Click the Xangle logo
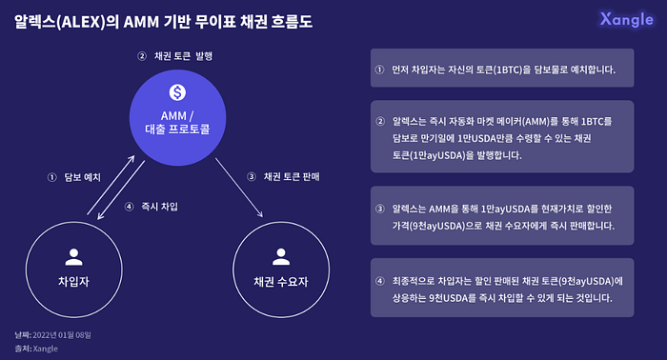point(626,20)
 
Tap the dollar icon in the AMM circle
point(177,92)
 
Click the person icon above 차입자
point(74,257)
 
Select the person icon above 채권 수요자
point(281,257)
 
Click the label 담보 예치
point(83,177)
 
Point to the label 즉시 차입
point(159,207)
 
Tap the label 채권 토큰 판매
point(292,176)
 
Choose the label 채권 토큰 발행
point(183,56)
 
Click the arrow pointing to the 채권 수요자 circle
point(239,188)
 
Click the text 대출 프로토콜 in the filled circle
point(177,130)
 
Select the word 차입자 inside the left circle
point(73,281)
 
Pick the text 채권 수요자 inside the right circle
point(281,281)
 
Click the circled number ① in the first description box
point(379,70)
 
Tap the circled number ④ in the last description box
point(379,281)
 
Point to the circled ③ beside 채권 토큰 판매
point(252,177)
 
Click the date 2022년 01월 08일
point(62,335)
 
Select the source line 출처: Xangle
point(36,349)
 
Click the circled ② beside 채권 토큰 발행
point(142,56)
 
